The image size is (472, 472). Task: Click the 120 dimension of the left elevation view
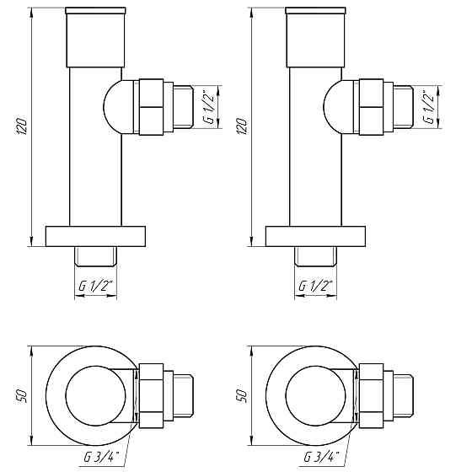[24, 126]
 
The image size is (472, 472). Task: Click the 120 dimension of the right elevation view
[244, 126]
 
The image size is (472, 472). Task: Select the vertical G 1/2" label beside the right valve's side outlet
[429, 106]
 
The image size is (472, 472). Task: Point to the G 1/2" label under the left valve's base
[95, 287]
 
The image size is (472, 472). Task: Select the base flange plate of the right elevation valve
[316, 236]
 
